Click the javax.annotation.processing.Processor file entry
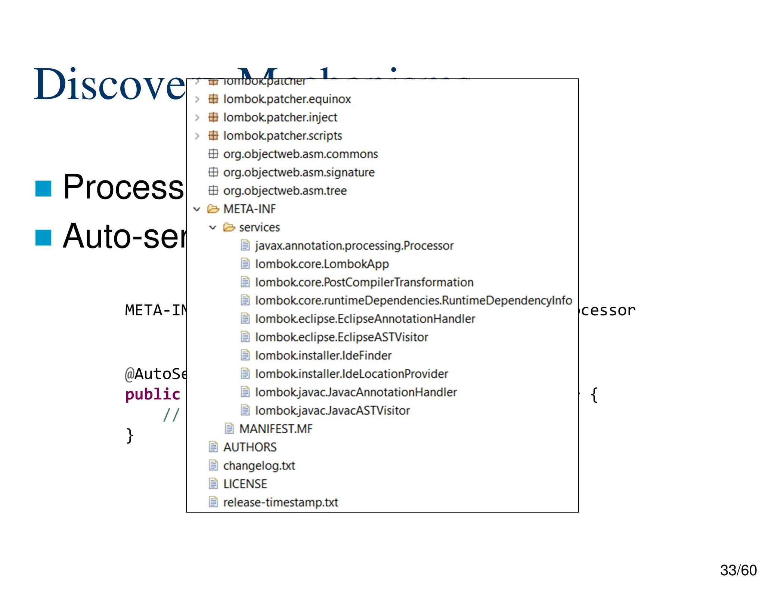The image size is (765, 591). click(354, 246)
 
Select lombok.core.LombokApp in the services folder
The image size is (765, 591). click(322, 264)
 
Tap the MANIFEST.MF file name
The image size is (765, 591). click(276, 429)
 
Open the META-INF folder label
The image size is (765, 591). click(250, 209)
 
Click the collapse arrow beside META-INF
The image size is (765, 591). click(197, 209)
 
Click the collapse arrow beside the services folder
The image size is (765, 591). click(213, 228)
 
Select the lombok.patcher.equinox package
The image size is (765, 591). click(287, 99)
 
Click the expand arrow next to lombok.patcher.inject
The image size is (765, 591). click(197, 118)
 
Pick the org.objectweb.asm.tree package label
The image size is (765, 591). click(285, 191)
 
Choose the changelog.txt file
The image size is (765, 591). click(259, 465)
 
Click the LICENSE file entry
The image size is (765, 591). click(245, 484)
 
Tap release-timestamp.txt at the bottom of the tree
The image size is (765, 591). click(281, 502)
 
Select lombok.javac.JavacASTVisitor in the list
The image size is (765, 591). click(332, 411)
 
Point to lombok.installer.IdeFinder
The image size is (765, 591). click(323, 356)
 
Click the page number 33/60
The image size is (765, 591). click(738, 570)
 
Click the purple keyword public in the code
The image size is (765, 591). click(153, 394)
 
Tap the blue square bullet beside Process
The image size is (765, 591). click(43, 188)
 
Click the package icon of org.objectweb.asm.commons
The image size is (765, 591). click(213, 154)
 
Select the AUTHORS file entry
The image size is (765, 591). click(250, 447)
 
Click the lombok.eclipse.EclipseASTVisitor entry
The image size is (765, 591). click(341, 337)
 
